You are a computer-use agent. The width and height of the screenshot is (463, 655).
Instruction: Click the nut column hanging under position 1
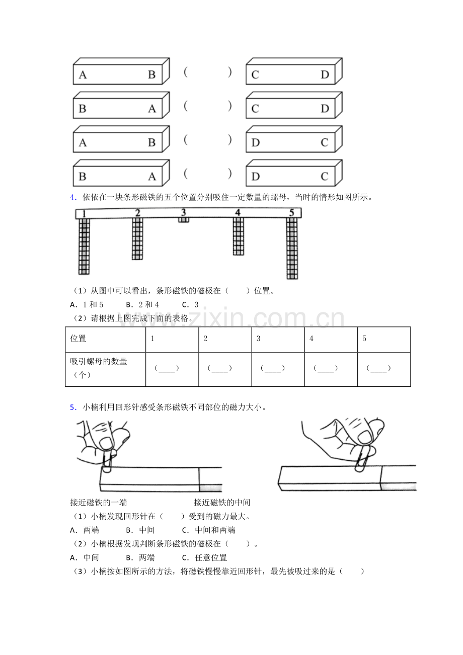(84, 246)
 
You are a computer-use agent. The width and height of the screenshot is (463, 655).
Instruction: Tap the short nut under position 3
(184, 220)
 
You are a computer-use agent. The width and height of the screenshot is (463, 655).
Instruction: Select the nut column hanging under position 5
(292, 248)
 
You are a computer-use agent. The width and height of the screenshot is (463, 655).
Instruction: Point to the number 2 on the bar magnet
(137, 213)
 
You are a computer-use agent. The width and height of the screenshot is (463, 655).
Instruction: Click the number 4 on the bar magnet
(238, 213)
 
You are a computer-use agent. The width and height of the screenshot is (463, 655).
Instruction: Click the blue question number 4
(73, 197)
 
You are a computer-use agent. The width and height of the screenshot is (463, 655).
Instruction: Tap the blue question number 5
(73, 407)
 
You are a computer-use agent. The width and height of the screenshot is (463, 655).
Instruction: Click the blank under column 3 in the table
(273, 368)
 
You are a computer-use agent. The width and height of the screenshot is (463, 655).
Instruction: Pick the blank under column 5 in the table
(378, 368)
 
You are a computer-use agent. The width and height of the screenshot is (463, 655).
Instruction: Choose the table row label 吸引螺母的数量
(99, 361)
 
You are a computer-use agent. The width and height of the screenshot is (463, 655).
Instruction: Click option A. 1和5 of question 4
(87, 305)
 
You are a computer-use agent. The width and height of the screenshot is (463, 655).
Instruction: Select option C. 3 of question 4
(190, 305)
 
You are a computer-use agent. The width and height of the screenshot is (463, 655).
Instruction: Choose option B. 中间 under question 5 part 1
(140, 530)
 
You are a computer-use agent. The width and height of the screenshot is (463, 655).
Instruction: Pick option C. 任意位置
(204, 557)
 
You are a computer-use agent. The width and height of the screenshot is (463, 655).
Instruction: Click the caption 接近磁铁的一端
(99, 503)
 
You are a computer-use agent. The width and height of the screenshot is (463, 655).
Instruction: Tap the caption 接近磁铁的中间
(222, 503)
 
